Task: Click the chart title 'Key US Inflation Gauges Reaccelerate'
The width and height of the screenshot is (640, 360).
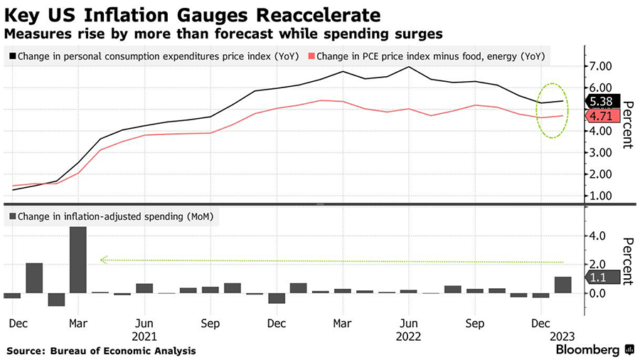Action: pos(193,14)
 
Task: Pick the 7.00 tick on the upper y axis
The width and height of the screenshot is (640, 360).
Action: pos(599,66)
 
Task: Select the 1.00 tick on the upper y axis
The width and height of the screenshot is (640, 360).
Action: pos(599,196)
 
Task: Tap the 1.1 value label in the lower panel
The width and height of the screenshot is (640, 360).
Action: pos(599,278)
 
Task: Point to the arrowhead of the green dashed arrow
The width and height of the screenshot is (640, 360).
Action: pos(104,260)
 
